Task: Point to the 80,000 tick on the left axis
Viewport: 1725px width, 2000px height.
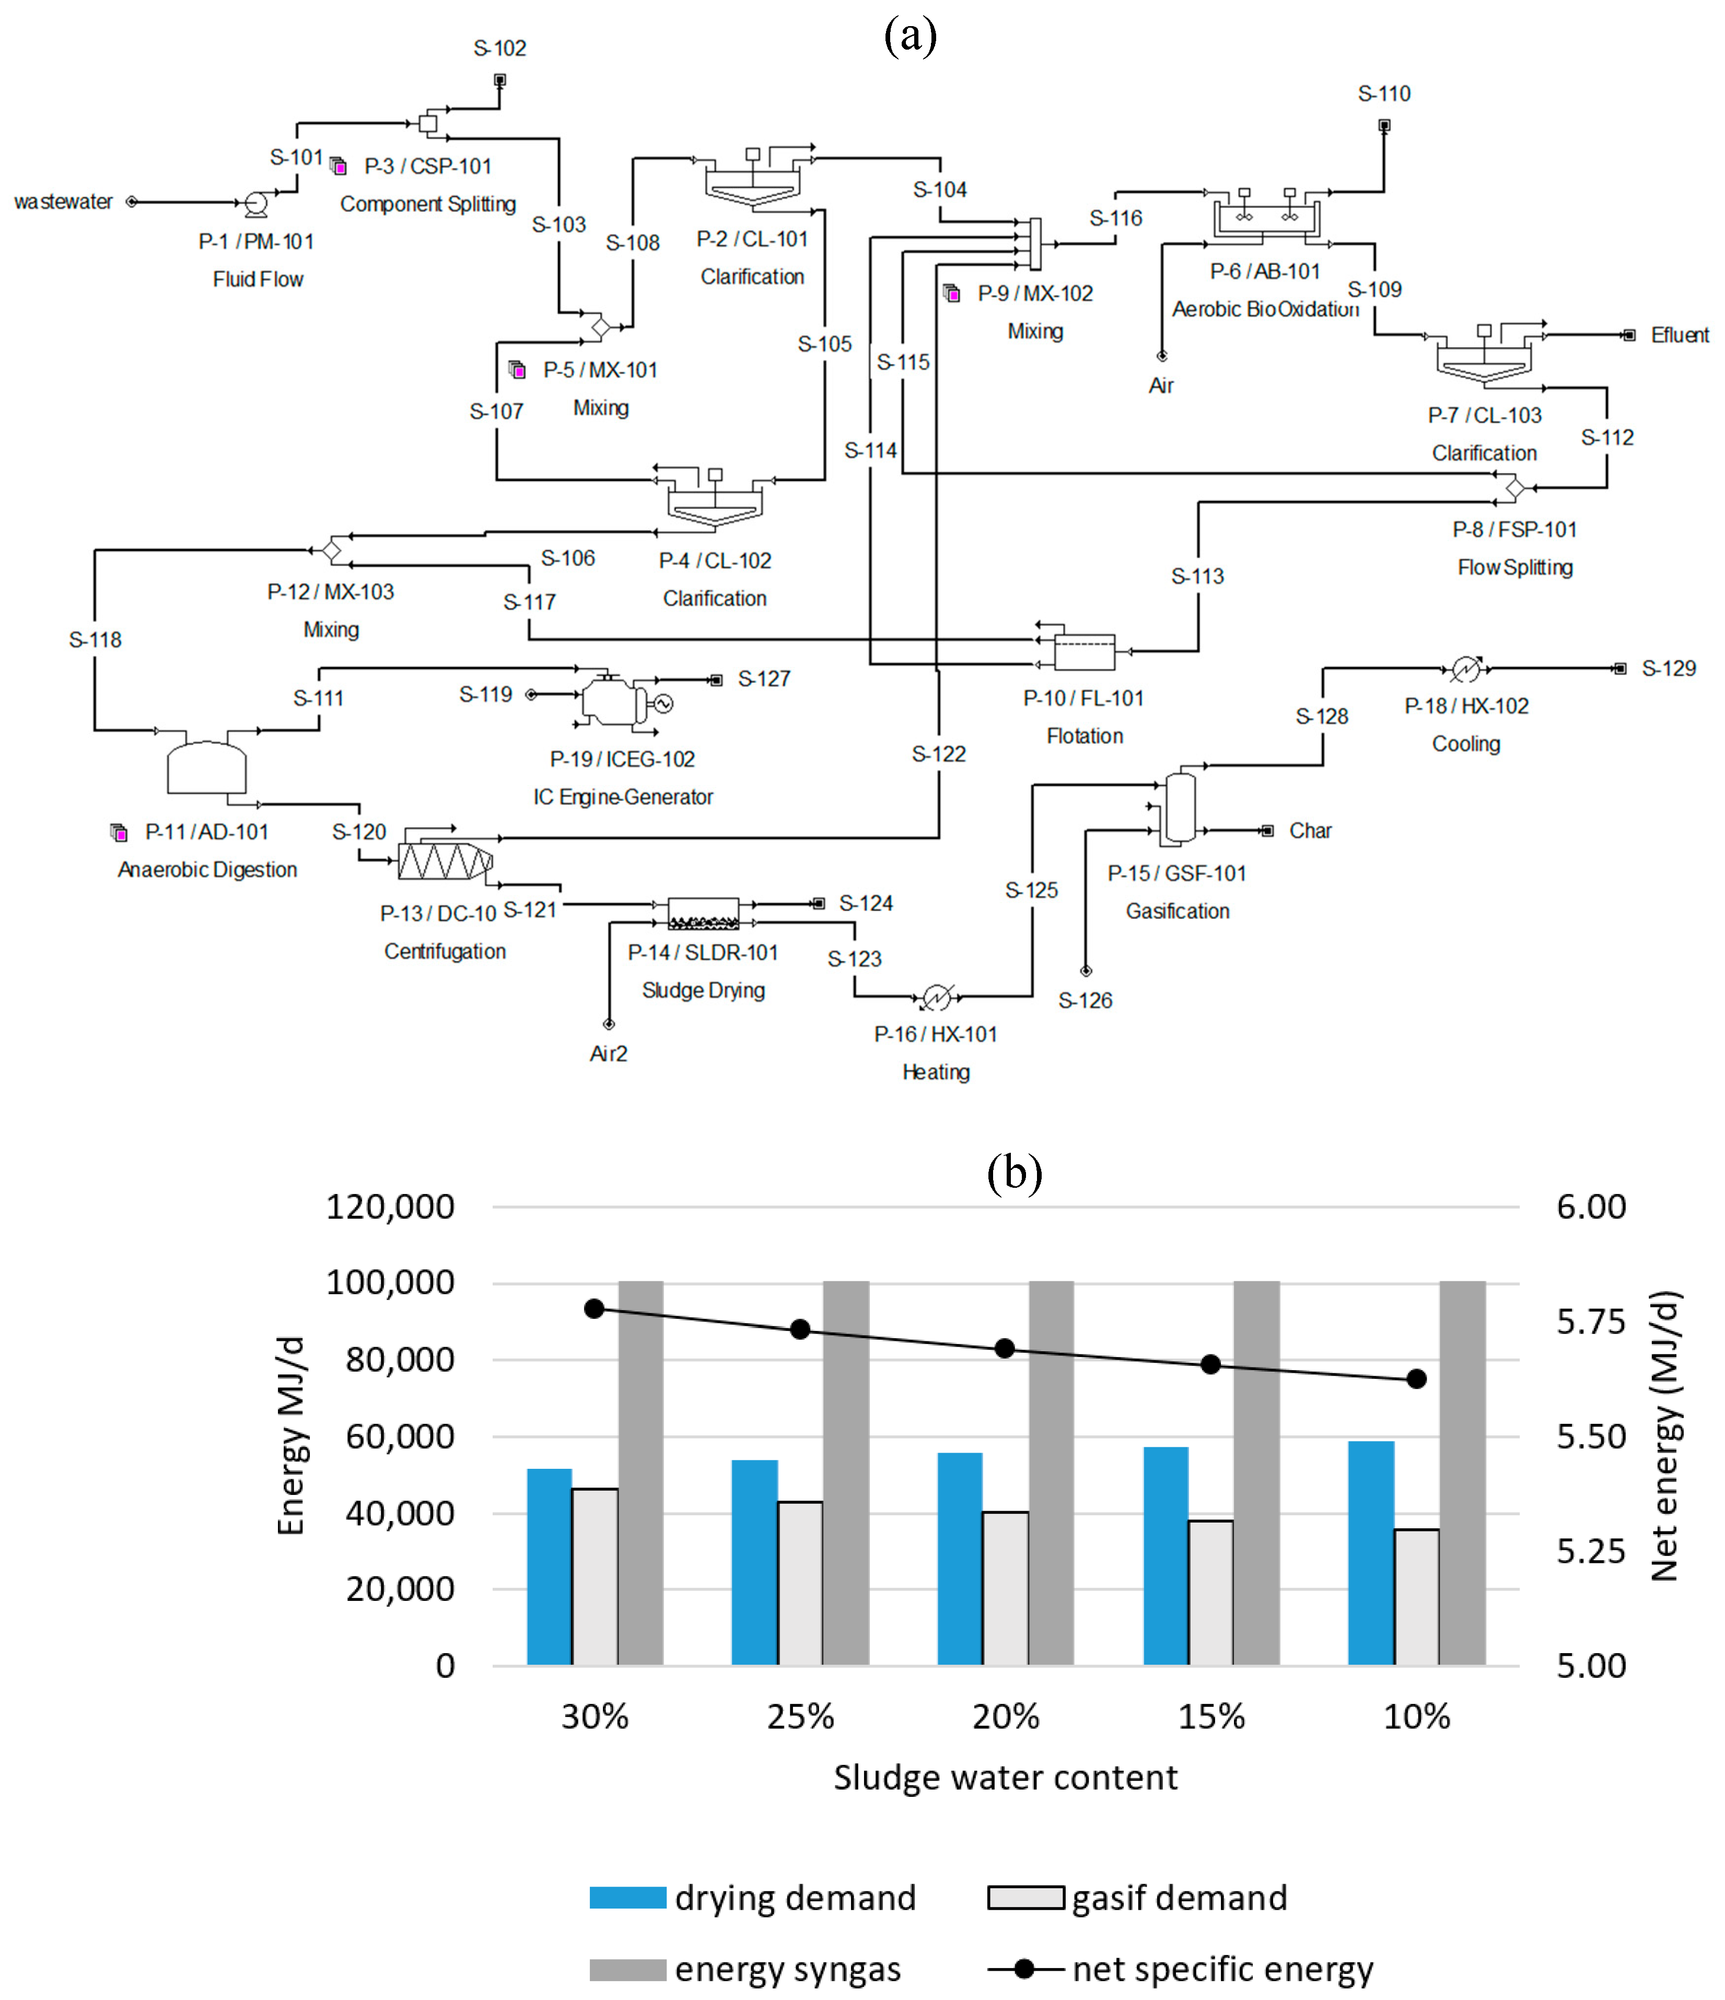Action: [x=400, y=1359]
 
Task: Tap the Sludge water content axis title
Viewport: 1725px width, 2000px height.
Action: [x=1005, y=1778]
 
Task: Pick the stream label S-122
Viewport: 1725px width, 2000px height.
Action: [x=938, y=754]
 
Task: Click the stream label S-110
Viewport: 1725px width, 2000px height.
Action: [x=1383, y=93]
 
